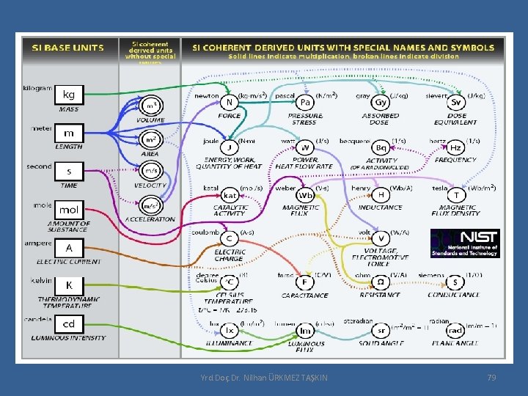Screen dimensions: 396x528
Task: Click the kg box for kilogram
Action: coord(69,95)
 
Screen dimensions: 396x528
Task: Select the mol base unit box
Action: coord(69,210)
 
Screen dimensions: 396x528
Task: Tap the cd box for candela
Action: coord(69,324)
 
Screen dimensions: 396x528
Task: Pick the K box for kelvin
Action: coord(69,285)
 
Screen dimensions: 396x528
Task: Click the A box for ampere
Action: coord(69,248)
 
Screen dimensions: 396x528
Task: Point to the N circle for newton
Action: coord(230,103)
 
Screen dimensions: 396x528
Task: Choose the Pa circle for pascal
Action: coord(305,103)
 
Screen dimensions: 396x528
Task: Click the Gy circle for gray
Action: coord(381,103)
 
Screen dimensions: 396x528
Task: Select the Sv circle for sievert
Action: coord(456,103)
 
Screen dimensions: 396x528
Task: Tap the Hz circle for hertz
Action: coord(456,148)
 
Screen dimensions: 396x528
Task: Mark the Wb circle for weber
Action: coord(305,195)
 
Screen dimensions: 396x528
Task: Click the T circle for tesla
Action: coord(456,195)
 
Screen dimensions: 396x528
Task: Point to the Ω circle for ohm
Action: coord(381,282)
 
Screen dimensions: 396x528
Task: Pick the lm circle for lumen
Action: coord(305,331)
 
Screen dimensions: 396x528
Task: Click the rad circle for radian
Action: coord(456,331)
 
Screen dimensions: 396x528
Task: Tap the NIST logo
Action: coord(465,243)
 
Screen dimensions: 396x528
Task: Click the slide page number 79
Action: coord(491,377)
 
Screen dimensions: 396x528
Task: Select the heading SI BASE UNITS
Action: coord(67,48)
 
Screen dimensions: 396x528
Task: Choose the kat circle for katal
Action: coord(230,195)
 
